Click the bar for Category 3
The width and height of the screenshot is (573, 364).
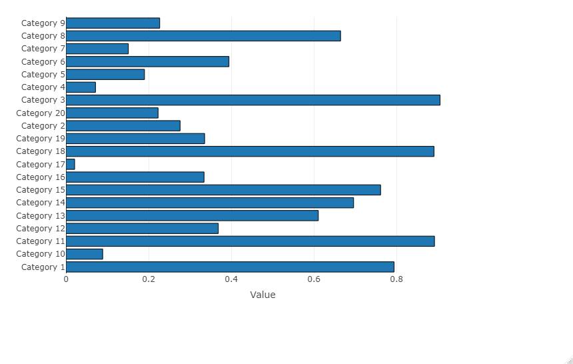coord(253,100)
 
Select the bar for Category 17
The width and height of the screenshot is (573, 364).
coord(71,164)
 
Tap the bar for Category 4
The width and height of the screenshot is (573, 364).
coord(81,87)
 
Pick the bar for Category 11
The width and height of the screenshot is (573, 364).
coord(251,241)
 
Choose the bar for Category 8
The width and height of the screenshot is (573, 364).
coord(203,36)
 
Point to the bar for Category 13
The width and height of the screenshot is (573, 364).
coord(193,215)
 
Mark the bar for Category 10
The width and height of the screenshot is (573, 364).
coord(85,254)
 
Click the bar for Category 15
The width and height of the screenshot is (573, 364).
coord(223,190)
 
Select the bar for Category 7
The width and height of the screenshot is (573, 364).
coord(97,49)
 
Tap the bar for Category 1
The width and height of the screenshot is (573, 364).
coord(230,267)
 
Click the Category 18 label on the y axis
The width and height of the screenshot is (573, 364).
coord(41,151)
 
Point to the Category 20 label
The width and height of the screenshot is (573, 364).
coord(41,113)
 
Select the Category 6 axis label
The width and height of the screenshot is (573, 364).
coord(43,61)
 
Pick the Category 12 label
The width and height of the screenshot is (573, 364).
coord(41,228)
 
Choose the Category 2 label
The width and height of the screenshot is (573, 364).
coord(43,126)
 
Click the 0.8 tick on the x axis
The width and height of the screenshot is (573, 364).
coord(396,279)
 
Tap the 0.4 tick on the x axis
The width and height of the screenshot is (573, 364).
coord(231,279)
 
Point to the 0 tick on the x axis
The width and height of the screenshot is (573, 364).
coord(66,279)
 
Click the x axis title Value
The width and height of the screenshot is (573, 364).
coord(263,295)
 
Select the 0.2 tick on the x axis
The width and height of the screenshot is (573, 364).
coord(149,279)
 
